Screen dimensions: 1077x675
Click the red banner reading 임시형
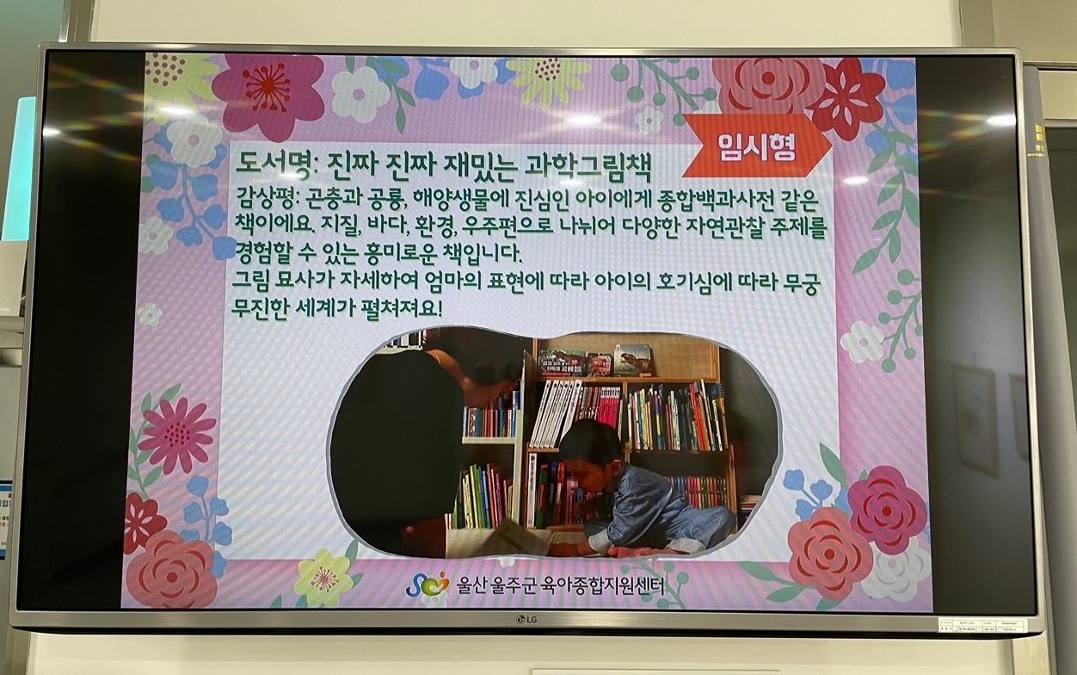pos(757,146)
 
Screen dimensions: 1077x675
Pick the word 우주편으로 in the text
pos(511,226)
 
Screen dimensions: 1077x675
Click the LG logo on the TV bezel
pos(526,619)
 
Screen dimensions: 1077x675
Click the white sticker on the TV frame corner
pos(982,624)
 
